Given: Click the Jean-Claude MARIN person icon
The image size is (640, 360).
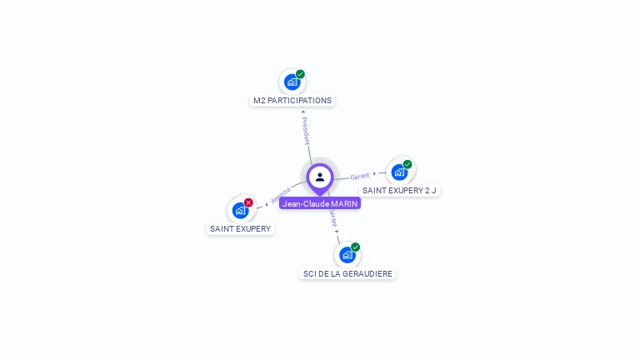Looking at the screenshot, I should (320, 177).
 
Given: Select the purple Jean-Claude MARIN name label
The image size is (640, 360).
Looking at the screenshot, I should (320, 203).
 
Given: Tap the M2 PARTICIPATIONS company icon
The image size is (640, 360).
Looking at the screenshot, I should (292, 82).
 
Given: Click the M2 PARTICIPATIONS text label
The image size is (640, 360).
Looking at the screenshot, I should (292, 101).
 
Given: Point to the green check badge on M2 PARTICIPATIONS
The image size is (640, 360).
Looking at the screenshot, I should (300, 74).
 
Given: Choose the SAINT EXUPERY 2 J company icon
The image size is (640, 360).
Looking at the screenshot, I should (400, 172).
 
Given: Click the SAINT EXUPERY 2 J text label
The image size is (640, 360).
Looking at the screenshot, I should (400, 191).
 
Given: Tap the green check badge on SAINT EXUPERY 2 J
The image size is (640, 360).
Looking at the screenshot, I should (407, 164).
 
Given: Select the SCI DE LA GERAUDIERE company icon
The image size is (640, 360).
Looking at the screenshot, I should (347, 254).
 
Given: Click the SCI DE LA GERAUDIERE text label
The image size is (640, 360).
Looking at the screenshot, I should (347, 273).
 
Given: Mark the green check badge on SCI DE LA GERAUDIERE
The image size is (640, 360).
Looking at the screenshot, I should (356, 247).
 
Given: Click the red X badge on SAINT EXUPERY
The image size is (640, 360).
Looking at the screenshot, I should (248, 202).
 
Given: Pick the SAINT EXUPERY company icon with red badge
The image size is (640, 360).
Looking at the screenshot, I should (241, 210).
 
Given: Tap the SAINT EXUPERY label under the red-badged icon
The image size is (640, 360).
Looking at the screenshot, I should (241, 228).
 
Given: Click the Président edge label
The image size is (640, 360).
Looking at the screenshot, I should (306, 131).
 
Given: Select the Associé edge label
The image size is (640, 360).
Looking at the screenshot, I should (281, 197).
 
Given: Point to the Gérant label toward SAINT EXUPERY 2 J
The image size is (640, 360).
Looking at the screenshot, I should (360, 176).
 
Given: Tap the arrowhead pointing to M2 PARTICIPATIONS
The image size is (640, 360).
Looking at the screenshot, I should (303, 111).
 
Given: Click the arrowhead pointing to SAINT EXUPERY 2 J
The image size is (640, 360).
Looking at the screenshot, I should (375, 173).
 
